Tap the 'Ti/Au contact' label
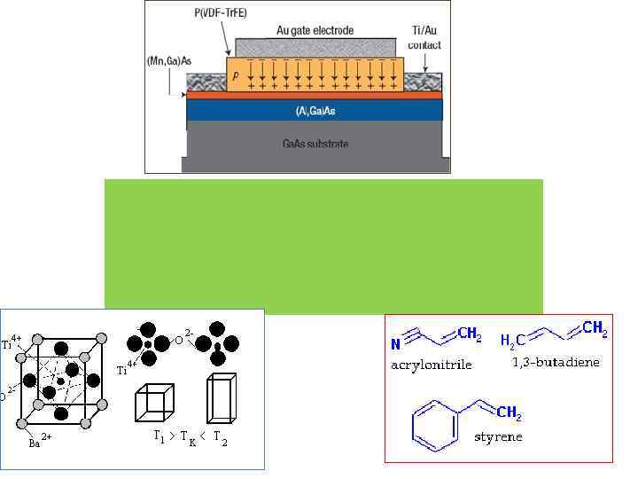pyautogui.click(x=424, y=38)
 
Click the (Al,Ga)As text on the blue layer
pyautogui.click(x=315, y=111)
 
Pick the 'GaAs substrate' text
pyautogui.click(x=315, y=144)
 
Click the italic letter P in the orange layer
pyautogui.click(x=235, y=77)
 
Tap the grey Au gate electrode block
pyautogui.click(x=315, y=47)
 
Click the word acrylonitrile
pyautogui.click(x=432, y=365)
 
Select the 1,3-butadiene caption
pyautogui.click(x=556, y=362)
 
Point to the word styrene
pyautogui.click(x=498, y=436)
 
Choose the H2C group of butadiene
pyautogui.click(x=512, y=341)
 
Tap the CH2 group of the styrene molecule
pyautogui.click(x=509, y=412)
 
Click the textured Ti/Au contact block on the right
pyautogui.click(x=424, y=82)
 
